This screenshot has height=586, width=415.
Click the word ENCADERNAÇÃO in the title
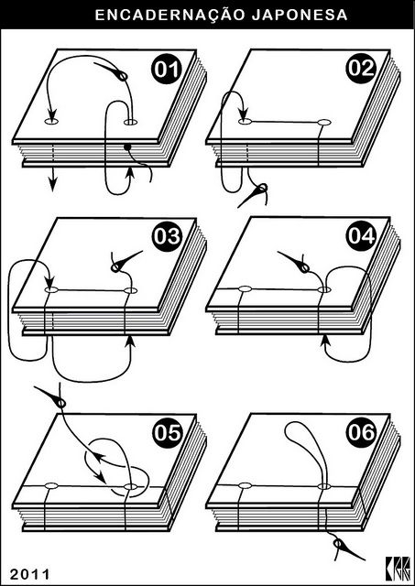170,15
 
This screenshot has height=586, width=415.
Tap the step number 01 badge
166,70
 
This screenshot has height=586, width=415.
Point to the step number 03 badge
167,236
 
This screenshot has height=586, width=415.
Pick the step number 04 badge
361,236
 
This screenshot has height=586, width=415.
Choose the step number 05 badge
167,433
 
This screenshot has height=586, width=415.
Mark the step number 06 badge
361,433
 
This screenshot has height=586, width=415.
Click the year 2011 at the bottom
29,574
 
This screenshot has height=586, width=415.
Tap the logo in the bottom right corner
399,569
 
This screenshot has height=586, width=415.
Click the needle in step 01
112,71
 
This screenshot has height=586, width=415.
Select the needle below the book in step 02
254,194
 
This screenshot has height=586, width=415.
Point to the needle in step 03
126,261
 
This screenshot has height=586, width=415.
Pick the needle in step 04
294,262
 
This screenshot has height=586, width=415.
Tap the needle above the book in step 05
51,396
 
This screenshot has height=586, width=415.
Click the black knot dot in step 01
127,147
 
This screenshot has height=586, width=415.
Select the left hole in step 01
51,122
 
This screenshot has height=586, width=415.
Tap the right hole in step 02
324,122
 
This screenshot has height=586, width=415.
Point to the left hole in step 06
245,485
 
